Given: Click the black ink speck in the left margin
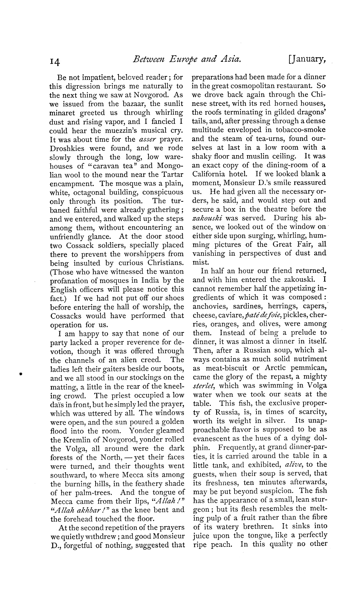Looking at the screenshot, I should (20, 374).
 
